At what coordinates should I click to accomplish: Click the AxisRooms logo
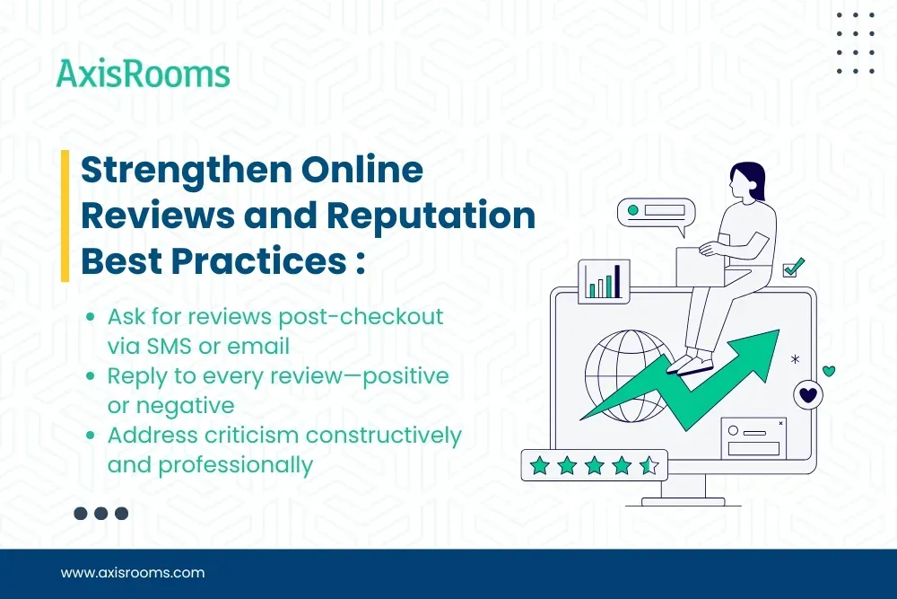[x=143, y=74]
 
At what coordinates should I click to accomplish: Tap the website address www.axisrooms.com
[x=133, y=572]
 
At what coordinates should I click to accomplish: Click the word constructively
[x=383, y=436]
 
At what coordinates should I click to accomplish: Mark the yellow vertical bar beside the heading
[x=65, y=216]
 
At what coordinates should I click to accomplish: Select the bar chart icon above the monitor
[x=604, y=280]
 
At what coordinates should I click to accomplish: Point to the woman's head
[x=744, y=181]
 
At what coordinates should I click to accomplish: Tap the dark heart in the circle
[x=808, y=394]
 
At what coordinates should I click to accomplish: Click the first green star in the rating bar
[x=539, y=464]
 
